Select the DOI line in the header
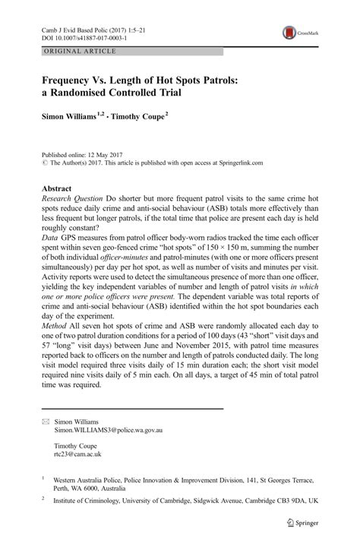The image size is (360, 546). pyautogui.click(x=84, y=36)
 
